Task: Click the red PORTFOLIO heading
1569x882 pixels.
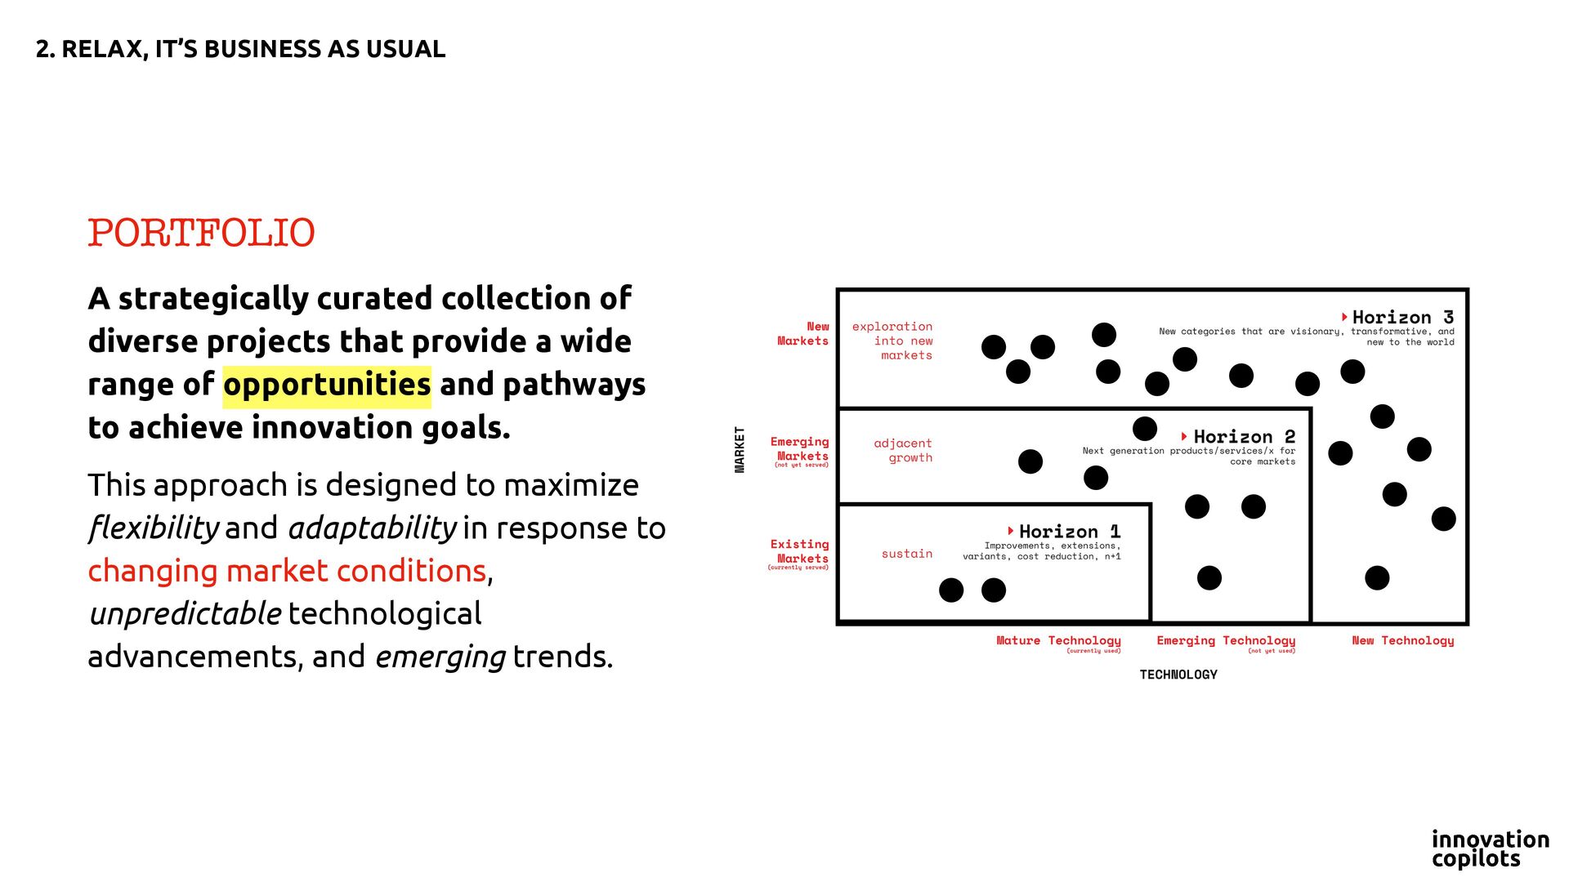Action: click(201, 234)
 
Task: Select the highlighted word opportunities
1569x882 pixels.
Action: click(327, 385)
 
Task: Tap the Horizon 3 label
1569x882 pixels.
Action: click(1402, 317)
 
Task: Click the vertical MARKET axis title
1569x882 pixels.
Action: click(740, 449)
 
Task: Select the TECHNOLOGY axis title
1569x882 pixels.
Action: click(1178, 675)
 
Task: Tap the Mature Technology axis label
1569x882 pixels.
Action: click(1058, 641)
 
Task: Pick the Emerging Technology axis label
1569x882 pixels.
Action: click(1226, 641)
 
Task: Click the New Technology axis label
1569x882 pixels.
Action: click(1403, 641)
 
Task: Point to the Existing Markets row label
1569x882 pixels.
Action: click(799, 552)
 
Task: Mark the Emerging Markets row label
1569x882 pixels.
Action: click(799, 449)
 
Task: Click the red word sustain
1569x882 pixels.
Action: click(907, 554)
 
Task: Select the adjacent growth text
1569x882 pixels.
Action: click(903, 451)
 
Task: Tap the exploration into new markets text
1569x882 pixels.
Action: click(892, 341)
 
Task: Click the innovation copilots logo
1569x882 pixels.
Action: click(1490, 849)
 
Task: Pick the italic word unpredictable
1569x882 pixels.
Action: click(186, 614)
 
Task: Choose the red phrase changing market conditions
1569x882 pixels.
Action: click(288, 571)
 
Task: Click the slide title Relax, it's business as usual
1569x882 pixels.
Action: click(240, 49)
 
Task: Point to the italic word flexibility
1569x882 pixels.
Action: click(154, 528)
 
